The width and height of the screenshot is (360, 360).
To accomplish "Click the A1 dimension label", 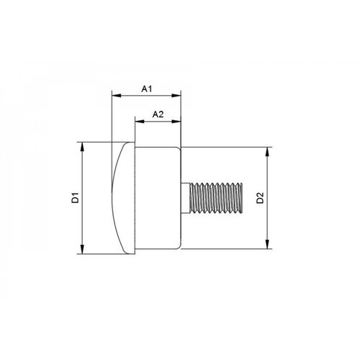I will pos(146,89).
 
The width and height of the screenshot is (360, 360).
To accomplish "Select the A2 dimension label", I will pos(159,114).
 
